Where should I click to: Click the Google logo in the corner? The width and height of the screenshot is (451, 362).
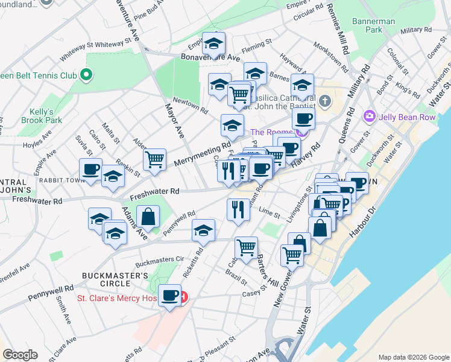click(x=20, y=355)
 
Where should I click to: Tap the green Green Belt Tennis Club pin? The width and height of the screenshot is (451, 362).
click(x=86, y=75)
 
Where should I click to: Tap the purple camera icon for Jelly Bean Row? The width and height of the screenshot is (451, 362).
click(x=368, y=116)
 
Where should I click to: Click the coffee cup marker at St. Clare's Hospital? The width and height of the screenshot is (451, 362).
click(x=169, y=296)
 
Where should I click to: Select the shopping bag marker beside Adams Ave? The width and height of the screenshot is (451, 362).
click(x=148, y=217)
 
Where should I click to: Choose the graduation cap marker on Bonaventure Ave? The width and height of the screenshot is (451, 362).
click(x=213, y=43)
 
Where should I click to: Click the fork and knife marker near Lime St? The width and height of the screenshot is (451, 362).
click(x=238, y=209)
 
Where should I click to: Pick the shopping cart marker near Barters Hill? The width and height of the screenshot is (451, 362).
click(x=246, y=247)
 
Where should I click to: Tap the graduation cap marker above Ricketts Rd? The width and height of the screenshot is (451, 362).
click(x=203, y=230)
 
